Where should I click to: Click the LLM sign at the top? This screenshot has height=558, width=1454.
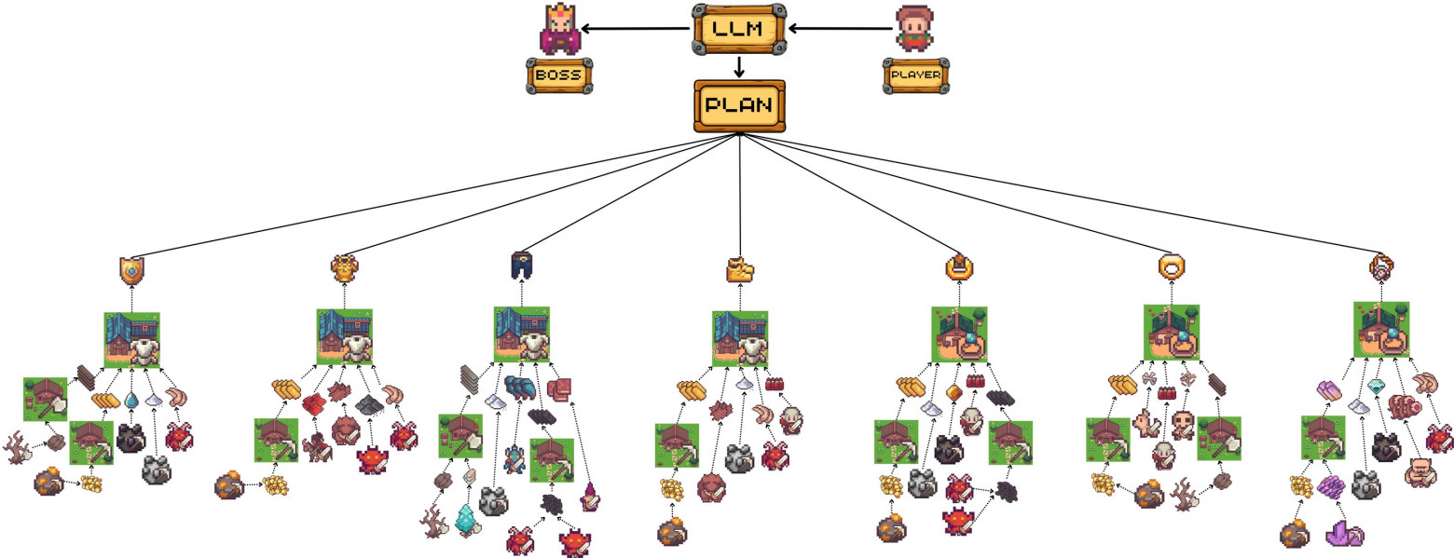pyautogui.click(x=739, y=28)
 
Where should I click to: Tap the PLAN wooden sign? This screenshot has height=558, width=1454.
pyautogui.click(x=739, y=105)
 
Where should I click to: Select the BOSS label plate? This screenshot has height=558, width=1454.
pyautogui.click(x=558, y=75)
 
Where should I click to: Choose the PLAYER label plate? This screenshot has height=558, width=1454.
pyautogui.click(x=915, y=75)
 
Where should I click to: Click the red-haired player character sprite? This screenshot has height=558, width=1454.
pyautogui.click(x=914, y=29)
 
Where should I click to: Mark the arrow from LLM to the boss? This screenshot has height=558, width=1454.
pyautogui.click(x=638, y=29)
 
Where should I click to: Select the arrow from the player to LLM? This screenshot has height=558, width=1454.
pyautogui.click(x=839, y=29)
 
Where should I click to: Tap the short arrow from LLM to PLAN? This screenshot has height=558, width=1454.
pyautogui.click(x=739, y=66)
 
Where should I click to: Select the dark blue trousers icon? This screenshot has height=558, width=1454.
pyautogui.click(x=521, y=266)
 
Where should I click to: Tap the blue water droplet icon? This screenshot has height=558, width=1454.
pyautogui.click(x=131, y=400)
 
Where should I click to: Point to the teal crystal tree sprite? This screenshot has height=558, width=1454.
pyautogui.click(x=466, y=520)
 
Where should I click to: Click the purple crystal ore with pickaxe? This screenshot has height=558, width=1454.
pyautogui.click(x=1343, y=534)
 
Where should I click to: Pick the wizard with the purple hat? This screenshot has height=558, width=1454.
pyautogui.click(x=590, y=497)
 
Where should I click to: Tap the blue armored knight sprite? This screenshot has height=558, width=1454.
pyautogui.click(x=512, y=458)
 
